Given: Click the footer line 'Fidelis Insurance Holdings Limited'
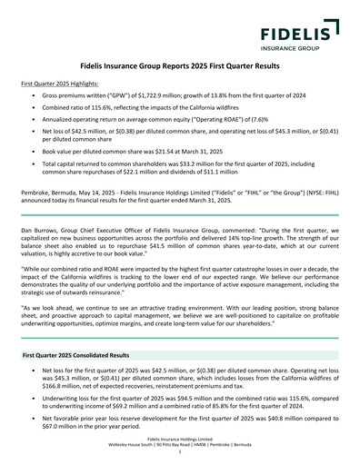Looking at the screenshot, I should point(180,449).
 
